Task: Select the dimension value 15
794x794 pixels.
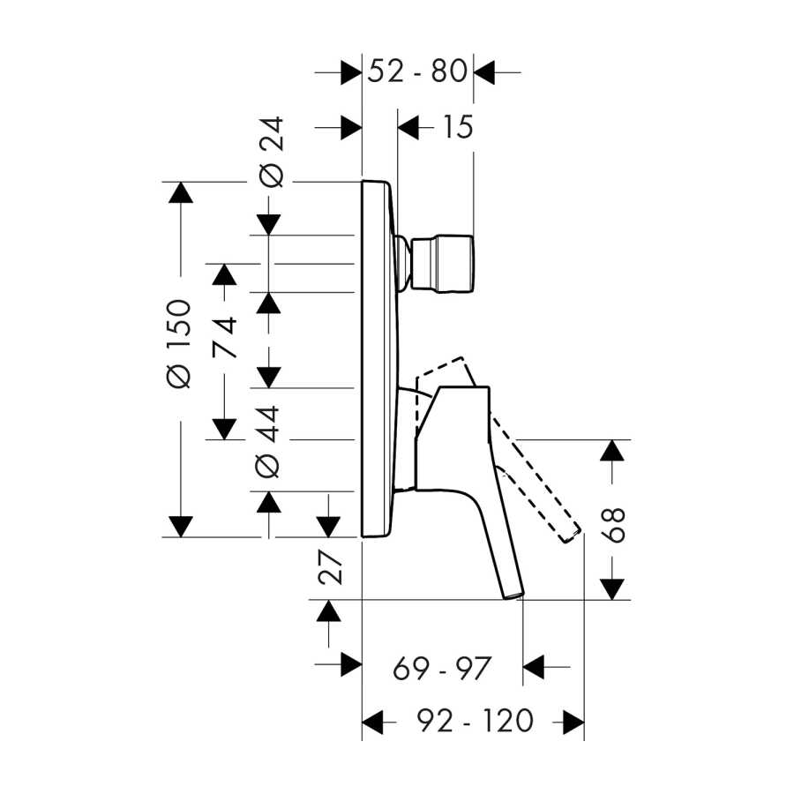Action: pos(458,126)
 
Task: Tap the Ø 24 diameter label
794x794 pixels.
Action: pos(271,152)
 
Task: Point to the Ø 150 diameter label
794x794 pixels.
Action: pos(179,344)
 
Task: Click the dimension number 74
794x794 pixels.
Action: pos(224,337)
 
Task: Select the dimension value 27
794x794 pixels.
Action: pos(330,567)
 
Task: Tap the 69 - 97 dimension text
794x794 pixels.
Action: pos(442,669)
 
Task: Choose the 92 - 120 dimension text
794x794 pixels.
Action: pos(475,721)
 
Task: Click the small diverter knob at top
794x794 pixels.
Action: pos(443,263)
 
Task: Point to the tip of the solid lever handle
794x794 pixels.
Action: pos(513,595)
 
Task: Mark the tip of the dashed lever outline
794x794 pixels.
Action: pos(573,536)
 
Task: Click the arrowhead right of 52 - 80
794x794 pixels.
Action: pos(484,72)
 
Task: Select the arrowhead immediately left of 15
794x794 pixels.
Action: pos(408,127)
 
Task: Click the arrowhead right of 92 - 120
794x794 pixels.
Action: pos(573,722)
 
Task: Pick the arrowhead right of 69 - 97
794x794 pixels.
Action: pos(533,667)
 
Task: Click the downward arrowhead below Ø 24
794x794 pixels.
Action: pos(269,225)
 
